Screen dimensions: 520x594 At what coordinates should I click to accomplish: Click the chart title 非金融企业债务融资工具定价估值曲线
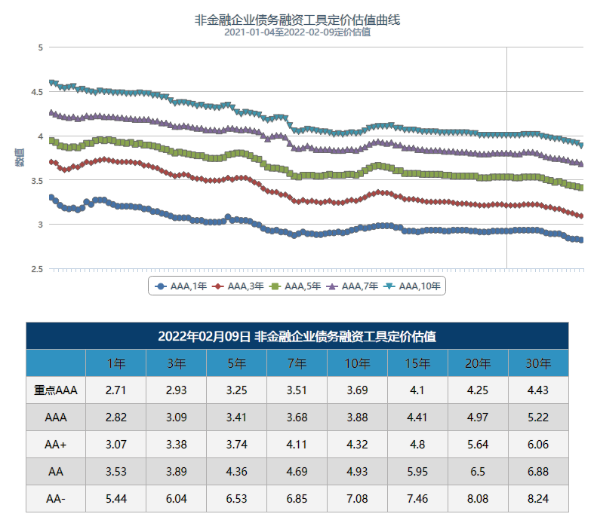pyautogui.click(x=297, y=20)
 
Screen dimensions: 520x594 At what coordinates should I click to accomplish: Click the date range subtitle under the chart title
pyautogui.click(x=297, y=32)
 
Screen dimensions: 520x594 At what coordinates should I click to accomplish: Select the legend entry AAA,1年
pyautogui.click(x=181, y=286)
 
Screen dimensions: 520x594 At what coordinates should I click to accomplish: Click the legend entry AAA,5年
pyautogui.click(x=296, y=286)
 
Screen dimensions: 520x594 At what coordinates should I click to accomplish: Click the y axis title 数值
pyautogui.click(x=19, y=158)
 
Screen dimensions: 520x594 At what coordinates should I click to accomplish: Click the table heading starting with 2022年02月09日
pyautogui.click(x=297, y=336)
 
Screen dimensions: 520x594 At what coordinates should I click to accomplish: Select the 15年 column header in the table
pyautogui.click(x=417, y=363)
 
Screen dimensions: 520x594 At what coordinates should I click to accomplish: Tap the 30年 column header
pyautogui.click(x=538, y=363)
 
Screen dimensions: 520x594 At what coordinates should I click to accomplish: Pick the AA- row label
pyautogui.click(x=56, y=499)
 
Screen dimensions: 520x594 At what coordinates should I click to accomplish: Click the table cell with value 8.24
pyautogui.click(x=538, y=499)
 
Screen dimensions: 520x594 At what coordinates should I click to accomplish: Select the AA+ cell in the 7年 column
pyautogui.click(x=297, y=445)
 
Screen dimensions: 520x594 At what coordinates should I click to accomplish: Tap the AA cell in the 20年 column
pyautogui.click(x=478, y=472)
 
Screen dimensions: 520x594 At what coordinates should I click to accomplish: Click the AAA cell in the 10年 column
pyautogui.click(x=357, y=417)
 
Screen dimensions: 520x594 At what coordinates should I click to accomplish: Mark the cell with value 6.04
pyautogui.click(x=176, y=499)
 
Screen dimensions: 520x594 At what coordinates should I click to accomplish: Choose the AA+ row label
pyautogui.click(x=56, y=445)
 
